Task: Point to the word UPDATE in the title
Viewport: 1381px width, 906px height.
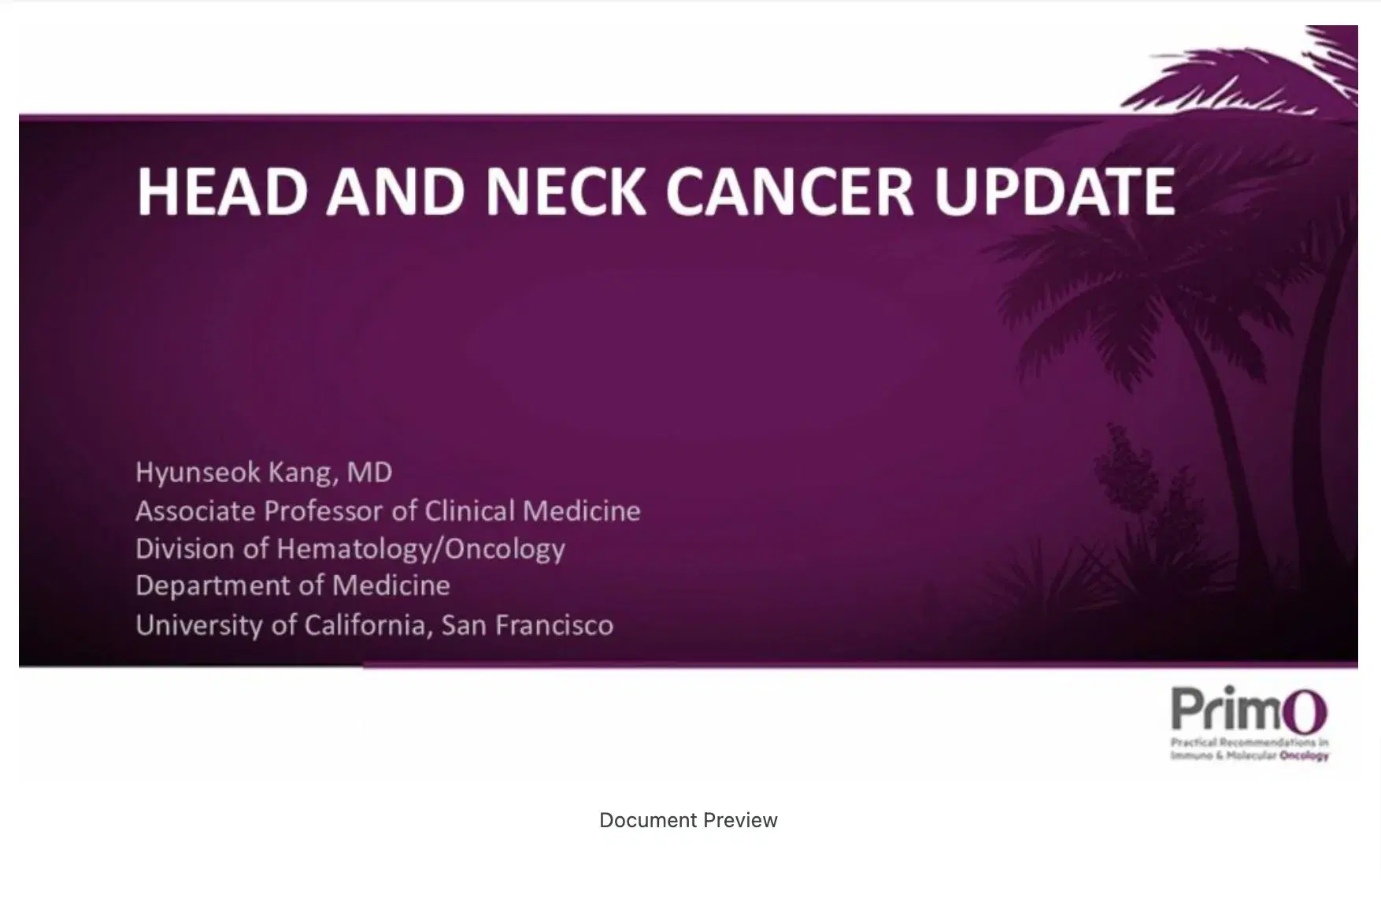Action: pos(1055,191)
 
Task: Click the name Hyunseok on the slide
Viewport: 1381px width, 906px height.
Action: pos(198,473)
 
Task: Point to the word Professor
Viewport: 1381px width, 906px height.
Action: pos(324,511)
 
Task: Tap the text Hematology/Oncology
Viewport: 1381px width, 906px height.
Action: pos(421,549)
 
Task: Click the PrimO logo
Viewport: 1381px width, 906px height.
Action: pos(1249,722)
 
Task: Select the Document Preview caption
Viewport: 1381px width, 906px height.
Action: pos(688,820)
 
